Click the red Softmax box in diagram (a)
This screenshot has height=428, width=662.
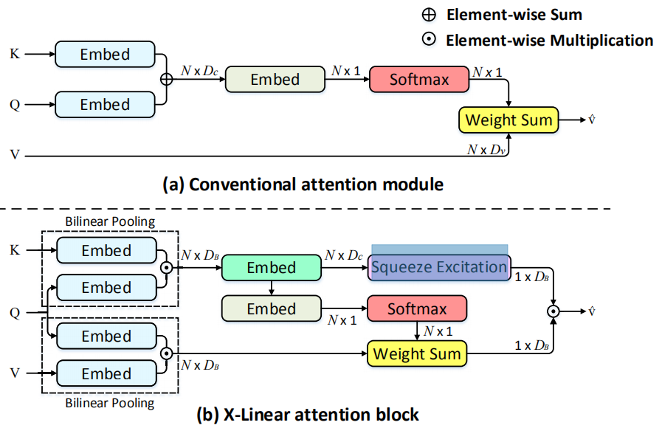click(419, 79)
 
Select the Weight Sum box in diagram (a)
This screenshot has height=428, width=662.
click(508, 120)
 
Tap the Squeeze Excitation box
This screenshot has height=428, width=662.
click(439, 267)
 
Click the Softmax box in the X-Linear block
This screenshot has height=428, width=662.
click(417, 309)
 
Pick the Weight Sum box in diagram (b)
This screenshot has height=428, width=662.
click(417, 353)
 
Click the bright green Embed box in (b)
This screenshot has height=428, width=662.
click(272, 268)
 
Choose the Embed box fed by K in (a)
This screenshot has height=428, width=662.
click(105, 55)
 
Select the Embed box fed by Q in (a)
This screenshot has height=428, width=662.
click(105, 105)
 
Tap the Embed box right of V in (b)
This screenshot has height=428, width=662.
click(106, 373)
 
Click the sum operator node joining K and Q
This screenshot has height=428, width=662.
click(166, 80)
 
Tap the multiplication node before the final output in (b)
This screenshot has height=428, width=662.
click(553, 311)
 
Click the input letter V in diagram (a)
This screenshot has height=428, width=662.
click(14, 155)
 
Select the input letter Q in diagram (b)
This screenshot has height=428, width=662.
click(14, 312)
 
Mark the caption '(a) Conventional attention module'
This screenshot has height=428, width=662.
click(303, 184)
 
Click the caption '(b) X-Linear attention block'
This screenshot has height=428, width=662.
click(308, 415)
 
